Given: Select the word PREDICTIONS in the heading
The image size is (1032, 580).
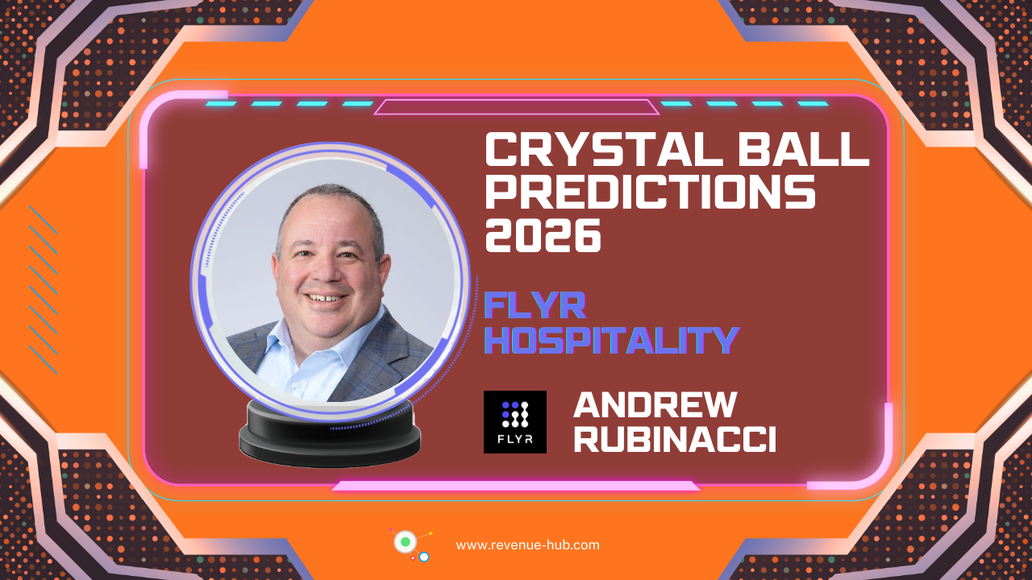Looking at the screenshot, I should click(650, 193).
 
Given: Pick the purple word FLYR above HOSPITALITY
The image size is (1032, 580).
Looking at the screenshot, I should click(535, 304).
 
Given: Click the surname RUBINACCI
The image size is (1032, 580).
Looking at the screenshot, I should click(675, 439).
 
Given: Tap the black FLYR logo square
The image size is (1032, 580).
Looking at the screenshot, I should click(514, 422).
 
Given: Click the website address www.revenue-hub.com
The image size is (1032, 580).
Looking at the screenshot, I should click(527, 545).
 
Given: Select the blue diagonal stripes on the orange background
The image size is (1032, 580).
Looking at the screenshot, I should click(44, 290).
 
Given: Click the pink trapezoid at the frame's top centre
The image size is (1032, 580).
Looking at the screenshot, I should click(516, 107).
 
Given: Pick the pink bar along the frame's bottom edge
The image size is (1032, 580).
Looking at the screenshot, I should click(516, 486).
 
